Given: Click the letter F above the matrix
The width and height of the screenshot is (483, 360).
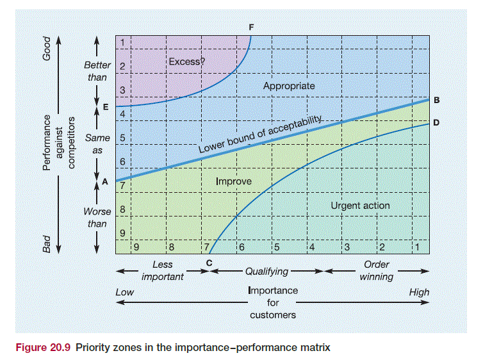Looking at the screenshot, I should pos(251,26).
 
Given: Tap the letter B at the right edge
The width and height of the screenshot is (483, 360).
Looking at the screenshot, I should pos(436,99).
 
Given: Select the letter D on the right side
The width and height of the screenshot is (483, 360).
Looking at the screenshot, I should pos(436,122).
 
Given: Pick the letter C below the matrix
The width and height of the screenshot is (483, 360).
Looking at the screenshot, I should pos(209,263).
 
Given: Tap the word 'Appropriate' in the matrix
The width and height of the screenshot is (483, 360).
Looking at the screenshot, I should pos(289,85).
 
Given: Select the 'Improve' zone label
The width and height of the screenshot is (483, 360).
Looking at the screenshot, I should pos(233,181).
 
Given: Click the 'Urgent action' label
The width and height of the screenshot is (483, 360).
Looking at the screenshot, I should pos(360,206).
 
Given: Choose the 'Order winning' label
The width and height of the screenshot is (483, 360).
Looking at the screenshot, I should pos(376,270).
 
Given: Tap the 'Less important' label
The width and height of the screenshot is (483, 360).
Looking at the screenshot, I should pos(162,270).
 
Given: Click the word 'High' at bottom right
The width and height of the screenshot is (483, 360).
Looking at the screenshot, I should pos(419,292).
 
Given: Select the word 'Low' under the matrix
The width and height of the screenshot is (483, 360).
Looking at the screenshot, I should pos(124,292).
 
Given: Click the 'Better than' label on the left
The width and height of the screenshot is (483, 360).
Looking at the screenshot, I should pos(97,71).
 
